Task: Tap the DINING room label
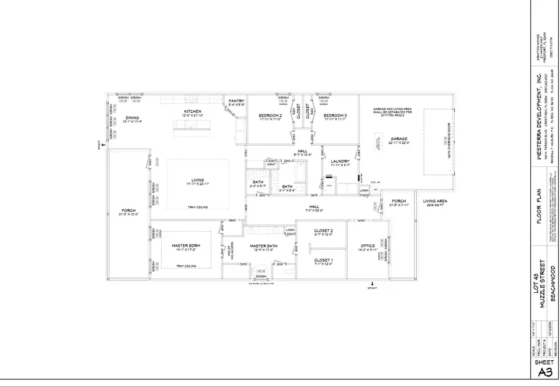(x=132, y=117)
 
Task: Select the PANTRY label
(x=236, y=100)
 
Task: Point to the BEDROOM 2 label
(x=271, y=115)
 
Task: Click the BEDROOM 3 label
(x=335, y=115)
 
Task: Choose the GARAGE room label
(x=398, y=138)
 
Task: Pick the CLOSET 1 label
(x=324, y=260)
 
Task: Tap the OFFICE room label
(x=368, y=246)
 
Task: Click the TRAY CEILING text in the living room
(x=198, y=208)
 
